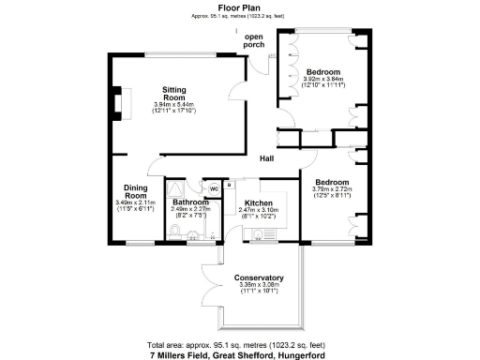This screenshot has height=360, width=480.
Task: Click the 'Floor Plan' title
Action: (239, 7)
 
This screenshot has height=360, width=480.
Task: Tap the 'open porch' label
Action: (255, 41)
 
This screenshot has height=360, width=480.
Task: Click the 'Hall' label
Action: (267, 158)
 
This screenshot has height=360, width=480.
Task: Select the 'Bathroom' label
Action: (189, 202)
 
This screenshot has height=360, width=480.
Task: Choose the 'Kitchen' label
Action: (259, 202)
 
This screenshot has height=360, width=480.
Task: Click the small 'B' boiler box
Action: (229, 186)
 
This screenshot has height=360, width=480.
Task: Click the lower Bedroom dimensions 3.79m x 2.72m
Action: (333, 188)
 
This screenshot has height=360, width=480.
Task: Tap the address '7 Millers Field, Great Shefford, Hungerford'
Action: (239, 354)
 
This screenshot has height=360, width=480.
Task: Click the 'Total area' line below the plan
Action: (239, 344)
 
